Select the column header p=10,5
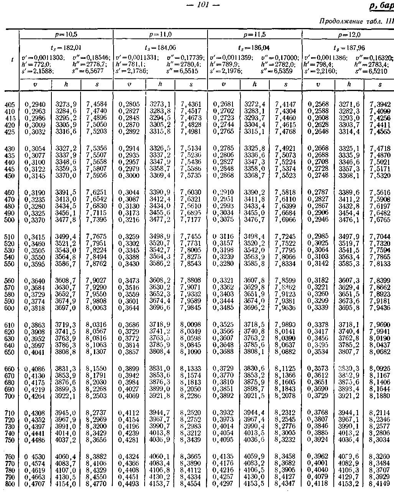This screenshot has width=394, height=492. click(x=66, y=34)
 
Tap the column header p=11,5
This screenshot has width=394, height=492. click(x=255, y=34)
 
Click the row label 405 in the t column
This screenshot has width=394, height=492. click(x=10, y=104)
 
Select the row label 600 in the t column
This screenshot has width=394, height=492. click(x=10, y=308)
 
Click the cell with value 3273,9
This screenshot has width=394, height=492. click(x=66, y=104)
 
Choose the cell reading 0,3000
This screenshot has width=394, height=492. click(x=129, y=176)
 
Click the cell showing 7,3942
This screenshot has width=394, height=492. click(x=380, y=104)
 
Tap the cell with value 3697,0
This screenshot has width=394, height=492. click(x=66, y=308)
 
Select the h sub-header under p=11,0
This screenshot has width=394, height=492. click(x=160, y=84)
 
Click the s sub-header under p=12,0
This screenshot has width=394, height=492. click(x=380, y=84)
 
